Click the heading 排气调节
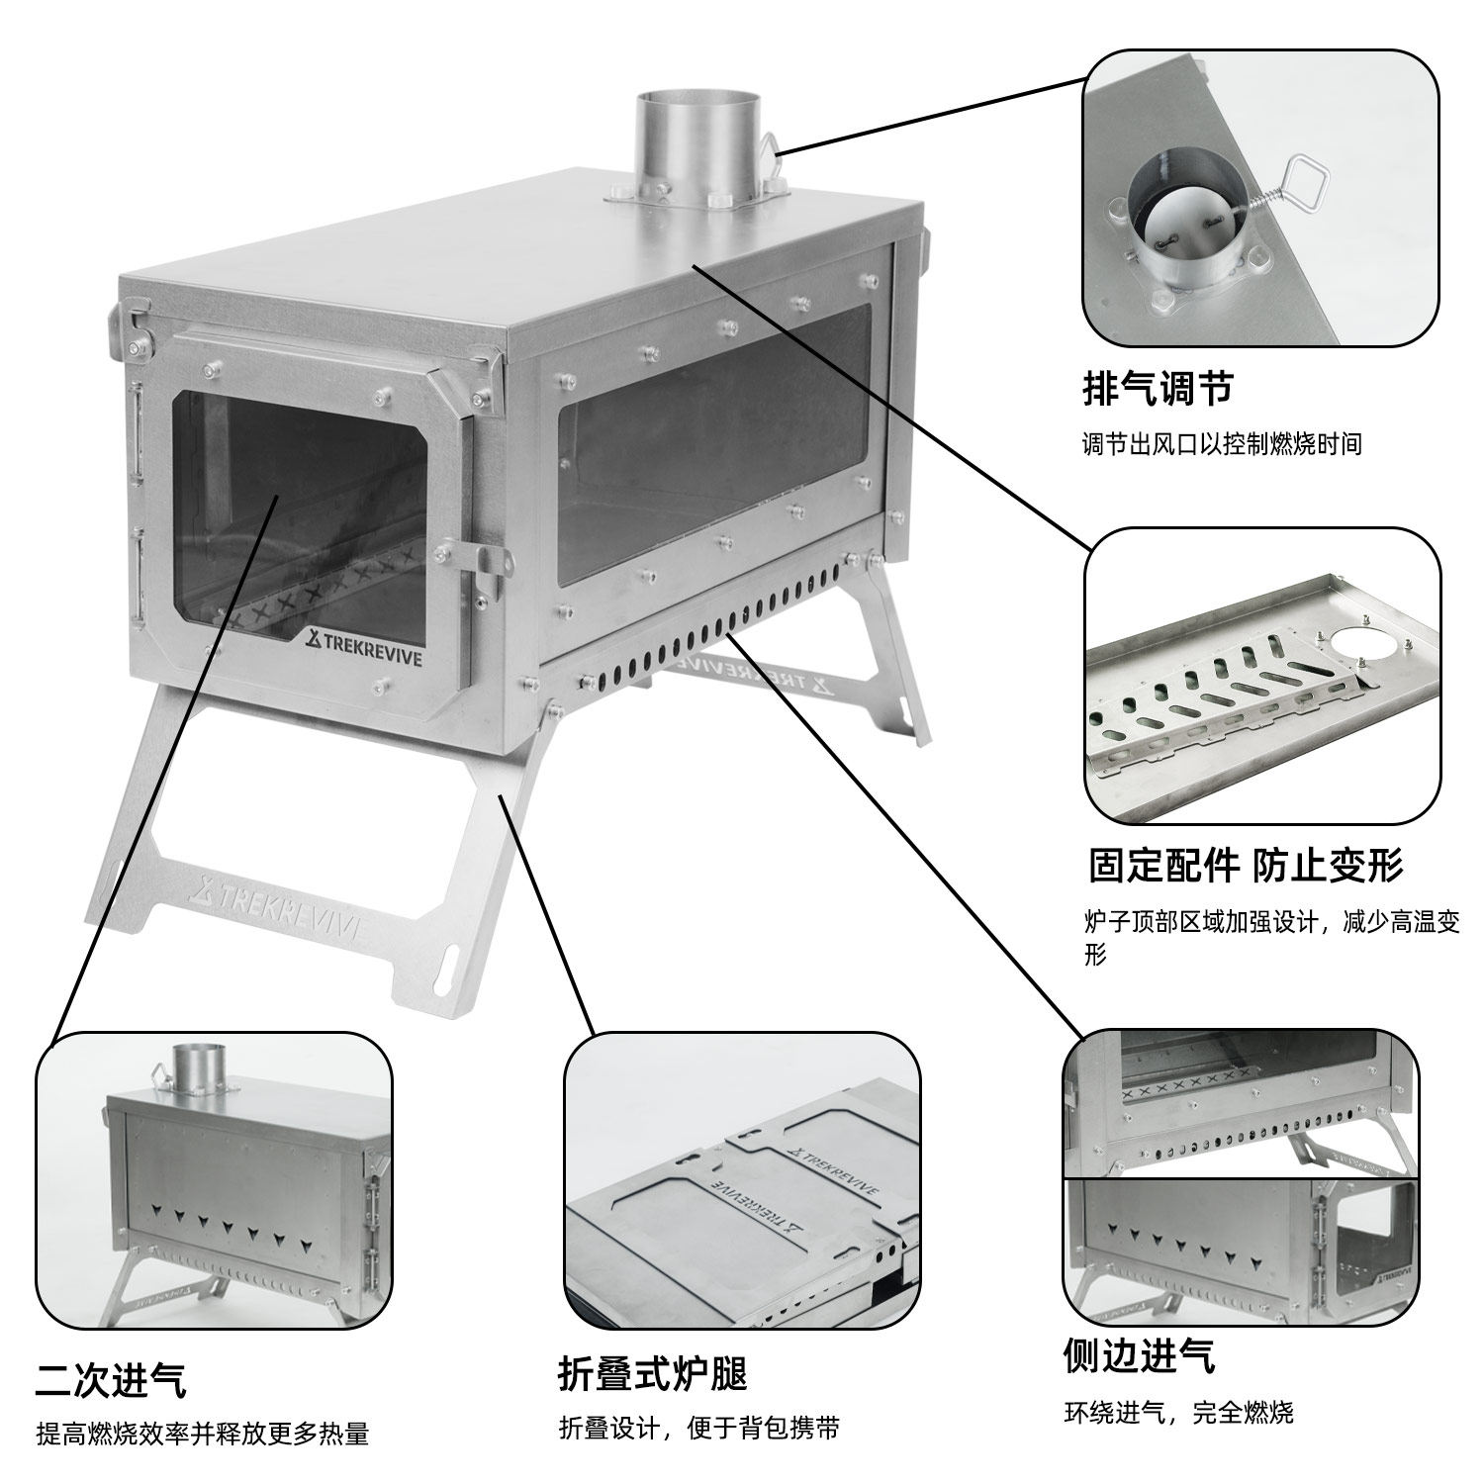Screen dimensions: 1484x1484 coord(1157,388)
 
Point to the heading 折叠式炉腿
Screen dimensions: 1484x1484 coord(652,1374)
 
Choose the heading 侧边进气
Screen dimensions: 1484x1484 coord(1139,1355)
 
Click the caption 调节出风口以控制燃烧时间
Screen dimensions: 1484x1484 coord(1222,444)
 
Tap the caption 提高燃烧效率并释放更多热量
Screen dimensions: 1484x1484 coord(203,1434)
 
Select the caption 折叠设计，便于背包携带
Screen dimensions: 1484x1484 coord(699,1429)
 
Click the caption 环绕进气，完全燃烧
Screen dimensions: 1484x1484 coord(1178,1412)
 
